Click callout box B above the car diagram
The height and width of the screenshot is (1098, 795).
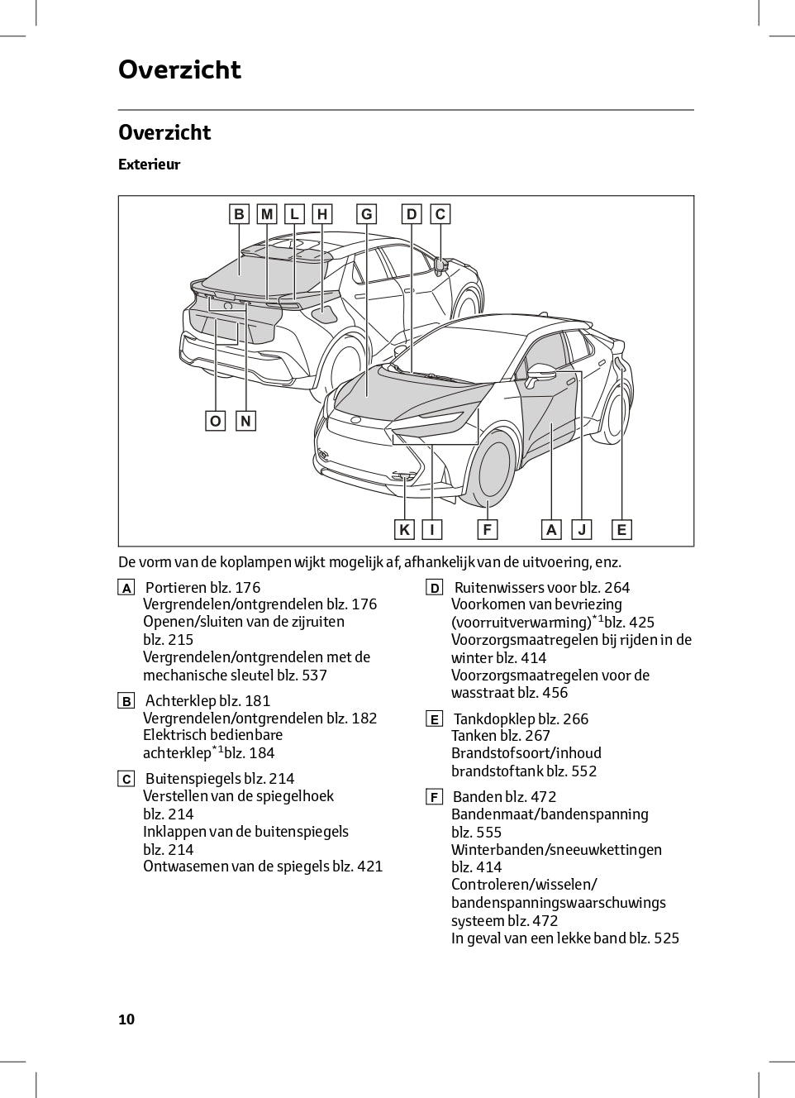tap(239, 214)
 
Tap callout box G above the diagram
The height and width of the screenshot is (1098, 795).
tap(366, 214)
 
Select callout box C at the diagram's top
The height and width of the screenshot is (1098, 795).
tap(440, 214)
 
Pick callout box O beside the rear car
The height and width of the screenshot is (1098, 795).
tap(216, 421)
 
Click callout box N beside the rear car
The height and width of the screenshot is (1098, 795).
tap(245, 421)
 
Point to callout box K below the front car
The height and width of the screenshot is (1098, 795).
tap(404, 529)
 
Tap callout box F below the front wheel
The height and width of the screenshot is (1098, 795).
tap(488, 529)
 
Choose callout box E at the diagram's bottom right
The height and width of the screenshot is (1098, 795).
tap(621, 529)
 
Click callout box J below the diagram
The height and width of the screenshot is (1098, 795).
tap(582, 529)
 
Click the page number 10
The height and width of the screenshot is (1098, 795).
tap(126, 1019)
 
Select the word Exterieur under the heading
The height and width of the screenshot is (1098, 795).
tap(149, 165)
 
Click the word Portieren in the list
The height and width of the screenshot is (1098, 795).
tap(176, 588)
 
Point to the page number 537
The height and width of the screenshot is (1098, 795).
tap(314, 676)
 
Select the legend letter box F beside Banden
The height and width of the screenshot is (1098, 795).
tap(434, 797)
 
